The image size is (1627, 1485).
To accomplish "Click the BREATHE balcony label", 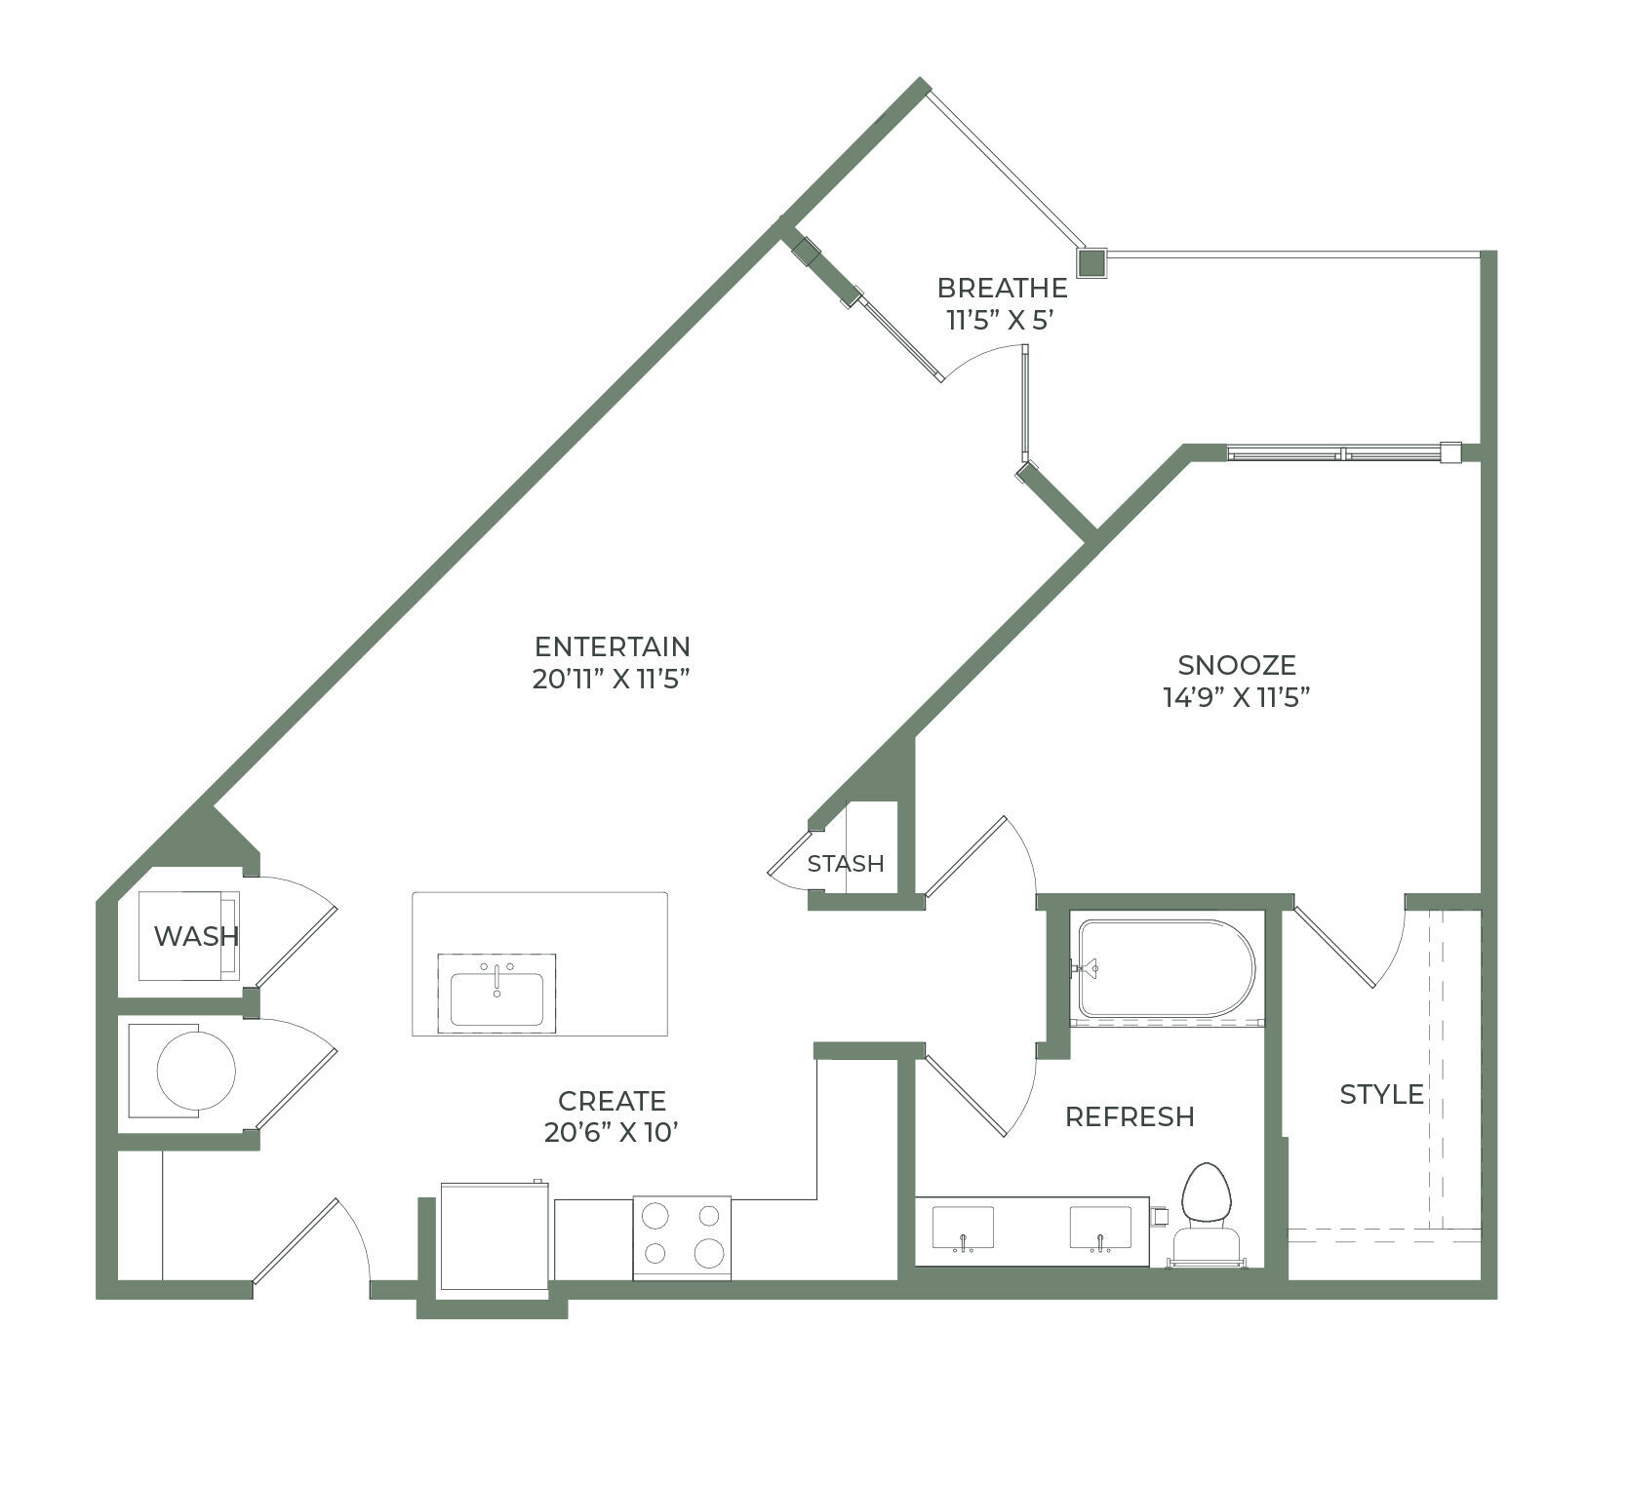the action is tap(1002, 289).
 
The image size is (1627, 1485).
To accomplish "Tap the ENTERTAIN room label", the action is tap(612, 646).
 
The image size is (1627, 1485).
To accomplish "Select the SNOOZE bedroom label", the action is tap(1237, 665).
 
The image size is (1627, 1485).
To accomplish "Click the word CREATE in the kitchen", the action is tap(612, 1101).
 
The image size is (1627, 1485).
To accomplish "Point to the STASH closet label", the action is tap(846, 864).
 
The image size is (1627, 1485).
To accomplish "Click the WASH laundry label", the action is tap(196, 936).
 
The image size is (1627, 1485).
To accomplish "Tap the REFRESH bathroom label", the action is tap(1130, 1116).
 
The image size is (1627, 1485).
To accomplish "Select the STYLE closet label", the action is tap(1381, 1094).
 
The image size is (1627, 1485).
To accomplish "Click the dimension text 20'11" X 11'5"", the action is tap(612, 679).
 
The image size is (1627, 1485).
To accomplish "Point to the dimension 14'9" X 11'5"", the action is tap(1236, 697).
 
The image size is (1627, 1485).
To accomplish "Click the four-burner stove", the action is tap(682, 1236).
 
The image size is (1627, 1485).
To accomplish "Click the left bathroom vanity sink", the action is tap(963, 1228).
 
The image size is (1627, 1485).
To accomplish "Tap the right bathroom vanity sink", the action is tap(1100, 1228).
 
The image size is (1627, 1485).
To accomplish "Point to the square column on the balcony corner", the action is tap(1092, 262).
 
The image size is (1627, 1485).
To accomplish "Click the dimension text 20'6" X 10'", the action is tap(612, 1133).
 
